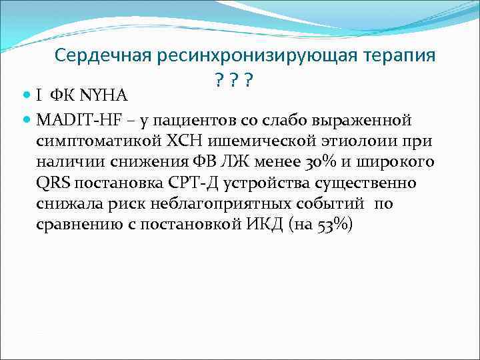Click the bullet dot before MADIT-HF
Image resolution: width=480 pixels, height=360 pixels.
27,119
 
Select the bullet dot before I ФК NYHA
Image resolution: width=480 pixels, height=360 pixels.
27,97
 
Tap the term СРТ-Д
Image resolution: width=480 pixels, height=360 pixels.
188,183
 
